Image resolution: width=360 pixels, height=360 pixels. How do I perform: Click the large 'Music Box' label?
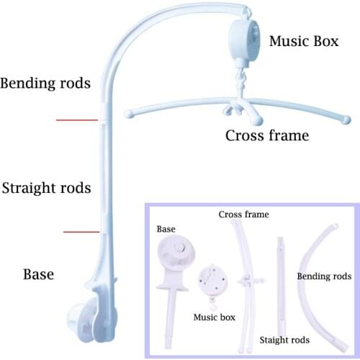click(303, 41)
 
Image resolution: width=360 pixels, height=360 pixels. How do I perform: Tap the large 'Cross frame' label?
click(266, 135)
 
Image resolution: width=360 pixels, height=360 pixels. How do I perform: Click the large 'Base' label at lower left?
click(38, 274)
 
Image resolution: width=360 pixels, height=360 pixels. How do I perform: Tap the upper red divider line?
click(78, 120)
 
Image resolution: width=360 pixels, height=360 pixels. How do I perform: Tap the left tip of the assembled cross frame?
click(130, 114)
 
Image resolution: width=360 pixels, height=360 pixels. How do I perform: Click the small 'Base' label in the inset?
click(166, 229)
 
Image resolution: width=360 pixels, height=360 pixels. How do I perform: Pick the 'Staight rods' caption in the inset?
click(284, 339)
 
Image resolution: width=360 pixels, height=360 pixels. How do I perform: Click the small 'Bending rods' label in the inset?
click(324, 276)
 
